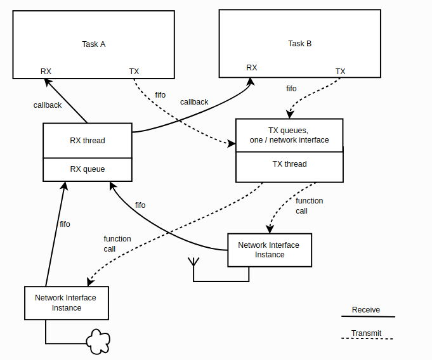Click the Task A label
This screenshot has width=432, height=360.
pos(94,44)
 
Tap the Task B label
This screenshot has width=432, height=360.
pos(300,44)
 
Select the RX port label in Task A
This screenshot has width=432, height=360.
pos(46,72)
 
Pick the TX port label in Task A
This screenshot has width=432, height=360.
pos(134,72)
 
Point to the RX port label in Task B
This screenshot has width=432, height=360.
pos(252,68)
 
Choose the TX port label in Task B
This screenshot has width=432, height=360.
pos(340,72)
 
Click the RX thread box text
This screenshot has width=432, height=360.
pos(88,141)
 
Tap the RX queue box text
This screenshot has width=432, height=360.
pos(88,169)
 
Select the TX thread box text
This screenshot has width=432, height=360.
pos(289,164)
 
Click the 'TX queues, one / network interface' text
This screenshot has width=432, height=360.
pos(289,135)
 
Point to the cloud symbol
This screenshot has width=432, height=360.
pos(98,341)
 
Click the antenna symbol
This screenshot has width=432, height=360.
pos(193,262)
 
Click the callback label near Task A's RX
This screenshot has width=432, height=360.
pos(48,105)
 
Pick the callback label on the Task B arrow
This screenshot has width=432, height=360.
pos(194,102)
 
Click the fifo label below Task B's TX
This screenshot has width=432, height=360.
pos(291,89)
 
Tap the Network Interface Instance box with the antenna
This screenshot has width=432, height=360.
pos(270,250)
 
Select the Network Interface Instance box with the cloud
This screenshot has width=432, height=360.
pos(67,303)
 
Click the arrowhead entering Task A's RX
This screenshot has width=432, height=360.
pos(48,82)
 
